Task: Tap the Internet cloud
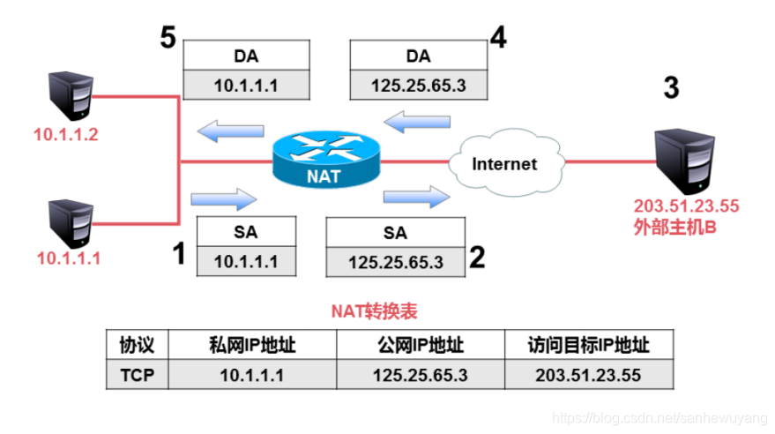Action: [503, 163]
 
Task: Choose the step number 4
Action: [498, 39]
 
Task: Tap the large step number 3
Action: [671, 88]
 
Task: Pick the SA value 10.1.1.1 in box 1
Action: [246, 261]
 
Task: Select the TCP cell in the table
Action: [137, 374]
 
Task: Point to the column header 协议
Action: [137, 345]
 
